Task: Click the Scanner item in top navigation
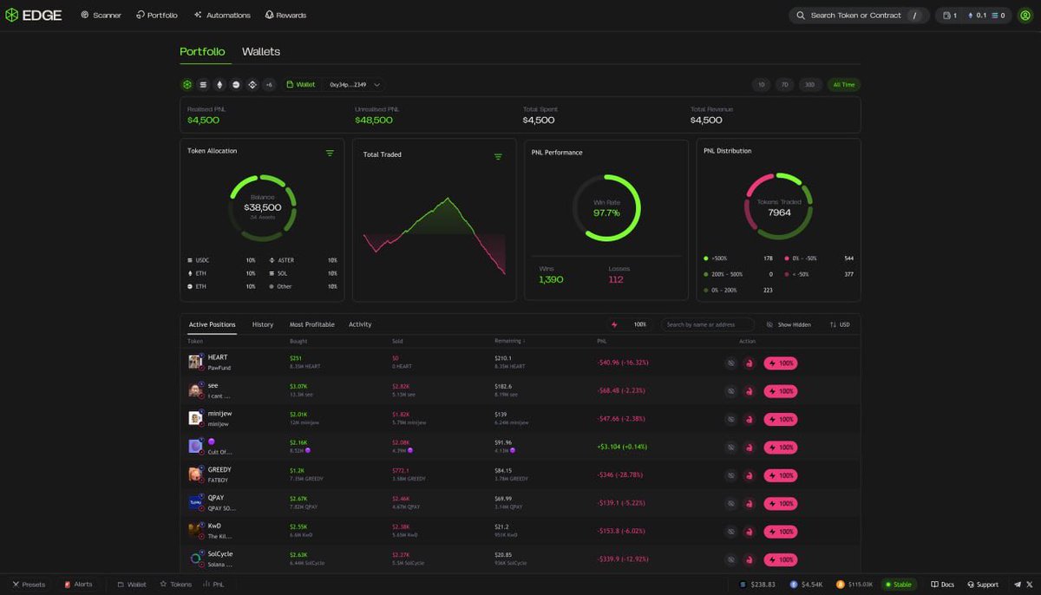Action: [101, 16]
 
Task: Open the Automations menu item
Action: [222, 16]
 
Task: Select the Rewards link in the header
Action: [285, 16]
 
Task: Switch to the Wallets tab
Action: [260, 52]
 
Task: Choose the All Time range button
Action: [843, 85]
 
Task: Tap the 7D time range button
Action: [785, 85]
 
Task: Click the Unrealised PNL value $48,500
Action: [374, 121]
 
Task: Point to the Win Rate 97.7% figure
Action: [606, 212]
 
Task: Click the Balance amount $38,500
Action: [262, 208]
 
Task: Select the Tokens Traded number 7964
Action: [779, 212]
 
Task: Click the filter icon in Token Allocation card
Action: [330, 153]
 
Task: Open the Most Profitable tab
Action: [311, 324]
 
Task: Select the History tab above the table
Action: [263, 324]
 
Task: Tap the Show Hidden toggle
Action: [789, 324]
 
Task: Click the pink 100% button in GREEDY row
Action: [781, 475]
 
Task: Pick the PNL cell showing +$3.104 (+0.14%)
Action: [623, 448]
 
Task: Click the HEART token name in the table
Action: [218, 357]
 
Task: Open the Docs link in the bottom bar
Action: [942, 585]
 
